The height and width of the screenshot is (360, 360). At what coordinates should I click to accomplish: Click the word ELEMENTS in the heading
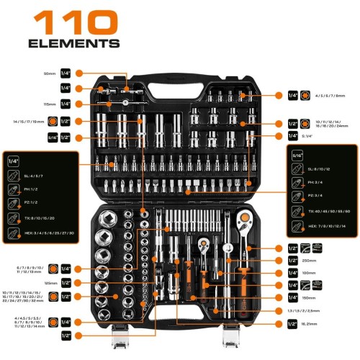pyautogui.click(x=73, y=43)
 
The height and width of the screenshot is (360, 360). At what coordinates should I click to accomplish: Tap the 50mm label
pyautogui.click(x=49, y=73)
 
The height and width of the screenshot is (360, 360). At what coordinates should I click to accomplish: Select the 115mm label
pyautogui.click(x=49, y=104)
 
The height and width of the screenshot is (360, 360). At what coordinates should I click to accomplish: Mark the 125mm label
pyautogui.click(x=49, y=283)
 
